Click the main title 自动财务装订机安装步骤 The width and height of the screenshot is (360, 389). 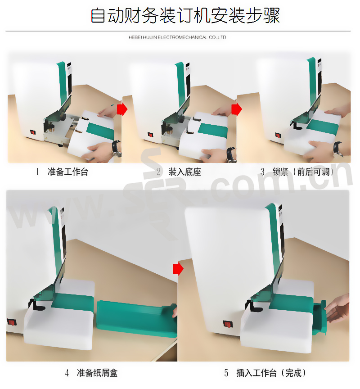[185, 15]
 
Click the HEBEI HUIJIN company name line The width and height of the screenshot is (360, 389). [177, 37]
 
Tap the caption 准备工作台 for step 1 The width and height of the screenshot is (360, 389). [68, 172]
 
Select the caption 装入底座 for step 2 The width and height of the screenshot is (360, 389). [184, 172]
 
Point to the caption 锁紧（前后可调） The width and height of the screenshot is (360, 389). [303, 172]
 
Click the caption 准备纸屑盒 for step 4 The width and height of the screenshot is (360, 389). [97, 373]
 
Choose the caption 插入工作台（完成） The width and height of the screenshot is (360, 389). [271, 373]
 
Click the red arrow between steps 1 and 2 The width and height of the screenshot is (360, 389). [122, 109]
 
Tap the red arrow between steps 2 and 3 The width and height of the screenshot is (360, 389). [237, 109]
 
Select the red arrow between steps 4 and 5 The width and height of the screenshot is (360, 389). [178, 269]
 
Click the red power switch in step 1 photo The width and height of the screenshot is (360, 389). [33, 132]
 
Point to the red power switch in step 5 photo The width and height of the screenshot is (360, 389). [228, 324]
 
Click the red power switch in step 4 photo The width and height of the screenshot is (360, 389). [11, 322]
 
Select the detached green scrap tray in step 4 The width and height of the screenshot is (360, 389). [137, 318]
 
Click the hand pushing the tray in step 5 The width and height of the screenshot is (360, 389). [337, 308]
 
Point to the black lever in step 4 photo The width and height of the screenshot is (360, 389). [36, 305]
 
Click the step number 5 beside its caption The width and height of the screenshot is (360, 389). [226, 373]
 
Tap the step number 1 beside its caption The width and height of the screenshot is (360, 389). [38, 172]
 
